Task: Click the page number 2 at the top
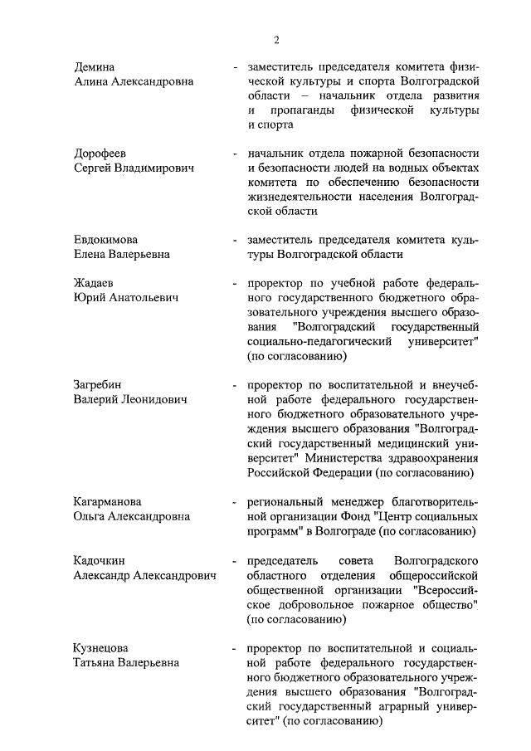(277, 40)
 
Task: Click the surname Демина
(95, 67)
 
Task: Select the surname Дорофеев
(102, 154)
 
